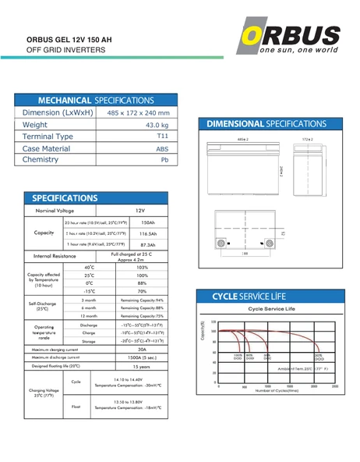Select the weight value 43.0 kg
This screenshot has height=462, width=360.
[157, 125]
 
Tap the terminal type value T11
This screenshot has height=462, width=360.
[162, 136]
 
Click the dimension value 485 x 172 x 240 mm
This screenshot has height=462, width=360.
[138, 113]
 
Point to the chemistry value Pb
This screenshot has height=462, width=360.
[164, 160]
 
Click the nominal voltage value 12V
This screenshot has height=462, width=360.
[140, 211]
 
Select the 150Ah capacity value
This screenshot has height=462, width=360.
[148, 222]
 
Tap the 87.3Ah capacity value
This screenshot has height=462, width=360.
[148, 245]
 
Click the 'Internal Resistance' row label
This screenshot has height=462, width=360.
[54, 256]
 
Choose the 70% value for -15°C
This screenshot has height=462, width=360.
[142, 291]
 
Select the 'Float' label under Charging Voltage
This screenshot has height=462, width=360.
[76, 406]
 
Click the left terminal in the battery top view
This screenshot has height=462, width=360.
[221, 243]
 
